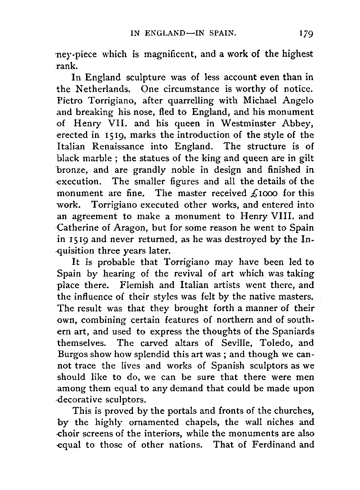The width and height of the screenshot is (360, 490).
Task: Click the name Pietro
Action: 69,100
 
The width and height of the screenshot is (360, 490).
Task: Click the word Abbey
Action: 299,123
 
